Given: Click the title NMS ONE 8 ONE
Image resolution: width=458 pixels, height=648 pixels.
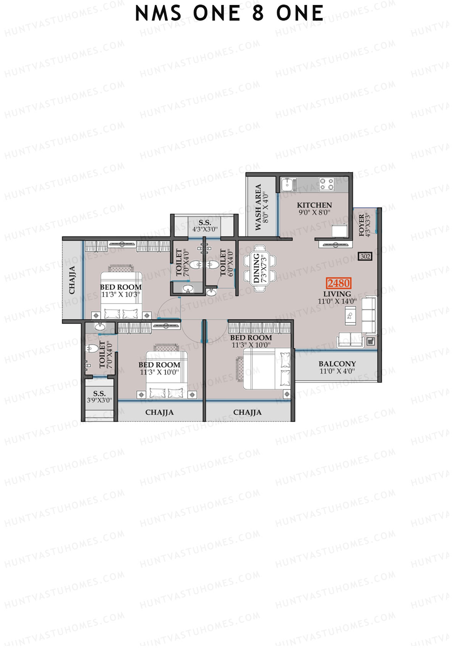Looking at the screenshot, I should click(x=229, y=14).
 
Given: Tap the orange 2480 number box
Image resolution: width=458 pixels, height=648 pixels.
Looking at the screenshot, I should click(x=338, y=283).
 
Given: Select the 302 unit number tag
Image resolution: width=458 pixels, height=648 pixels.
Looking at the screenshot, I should click(x=365, y=256).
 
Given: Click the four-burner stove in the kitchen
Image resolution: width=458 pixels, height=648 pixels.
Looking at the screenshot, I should click(x=327, y=184).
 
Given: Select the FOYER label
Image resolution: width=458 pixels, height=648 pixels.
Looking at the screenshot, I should click(x=362, y=225).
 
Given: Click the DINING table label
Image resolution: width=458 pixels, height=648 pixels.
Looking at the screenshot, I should click(x=256, y=268).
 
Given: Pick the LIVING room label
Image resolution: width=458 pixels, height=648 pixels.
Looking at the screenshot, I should click(x=337, y=294).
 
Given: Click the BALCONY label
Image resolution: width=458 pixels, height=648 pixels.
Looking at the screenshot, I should click(x=337, y=364).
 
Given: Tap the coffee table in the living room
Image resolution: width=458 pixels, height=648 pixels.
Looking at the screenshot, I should click(x=350, y=316).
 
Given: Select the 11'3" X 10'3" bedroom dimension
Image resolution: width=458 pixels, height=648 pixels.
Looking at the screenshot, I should click(x=121, y=294).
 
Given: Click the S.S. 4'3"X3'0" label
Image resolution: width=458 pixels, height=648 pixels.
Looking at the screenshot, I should click(x=205, y=226).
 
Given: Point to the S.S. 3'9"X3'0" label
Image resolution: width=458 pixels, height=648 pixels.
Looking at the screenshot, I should click(x=99, y=397).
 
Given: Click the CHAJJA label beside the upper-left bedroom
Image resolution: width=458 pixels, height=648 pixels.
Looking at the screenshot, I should click(x=72, y=280).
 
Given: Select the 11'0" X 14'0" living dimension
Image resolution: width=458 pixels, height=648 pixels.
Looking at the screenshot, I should click(x=337, y=301).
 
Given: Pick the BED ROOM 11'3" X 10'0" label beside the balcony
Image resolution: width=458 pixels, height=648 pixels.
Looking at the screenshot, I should click(x=251, y=341).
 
